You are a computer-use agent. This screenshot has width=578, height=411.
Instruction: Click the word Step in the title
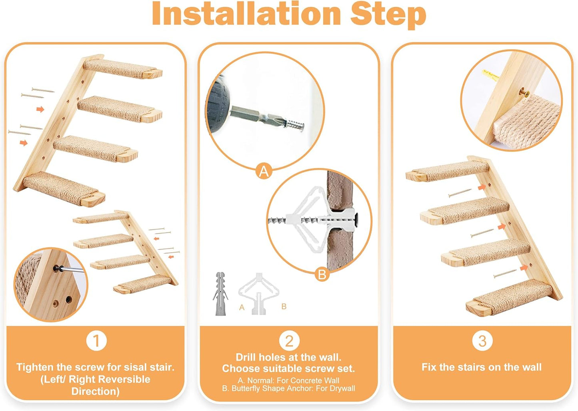coord(388,14)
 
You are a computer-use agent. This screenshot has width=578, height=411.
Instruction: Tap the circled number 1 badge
coord(96,341)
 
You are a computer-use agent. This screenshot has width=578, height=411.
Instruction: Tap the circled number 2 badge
coord(289,341)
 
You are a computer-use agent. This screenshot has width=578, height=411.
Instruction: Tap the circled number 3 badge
coord(482,341)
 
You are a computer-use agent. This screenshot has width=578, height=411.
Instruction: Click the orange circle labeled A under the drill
coord(264,172)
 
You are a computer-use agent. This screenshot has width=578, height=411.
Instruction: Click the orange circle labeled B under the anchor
coord(322,275)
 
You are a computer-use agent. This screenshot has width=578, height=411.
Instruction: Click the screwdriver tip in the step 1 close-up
coord(60,268)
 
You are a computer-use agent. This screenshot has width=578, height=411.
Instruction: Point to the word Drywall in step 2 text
coord(342,388)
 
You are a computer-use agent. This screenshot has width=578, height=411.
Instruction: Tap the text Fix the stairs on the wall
coord(482,367)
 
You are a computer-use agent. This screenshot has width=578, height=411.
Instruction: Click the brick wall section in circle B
coord(338,192)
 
